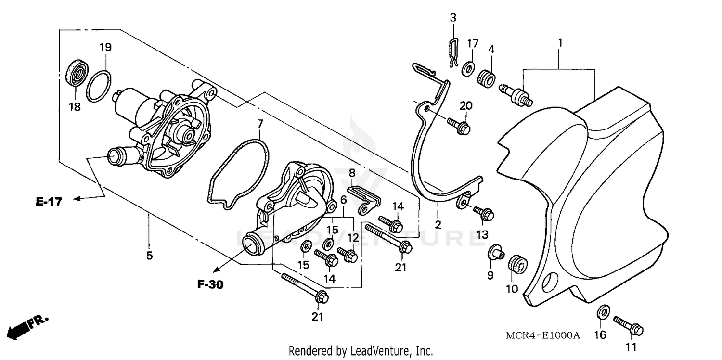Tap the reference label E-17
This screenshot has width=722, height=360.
[49, 202]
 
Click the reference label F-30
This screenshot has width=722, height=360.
[210, 284]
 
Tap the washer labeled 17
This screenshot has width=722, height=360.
[467, 69]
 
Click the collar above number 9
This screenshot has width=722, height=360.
[494, 251]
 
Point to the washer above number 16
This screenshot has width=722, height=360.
[603, 312]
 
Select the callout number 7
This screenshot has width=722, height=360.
[260, 123]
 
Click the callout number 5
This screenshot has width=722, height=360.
[149, 255]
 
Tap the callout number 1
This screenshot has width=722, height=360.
[560, 43]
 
